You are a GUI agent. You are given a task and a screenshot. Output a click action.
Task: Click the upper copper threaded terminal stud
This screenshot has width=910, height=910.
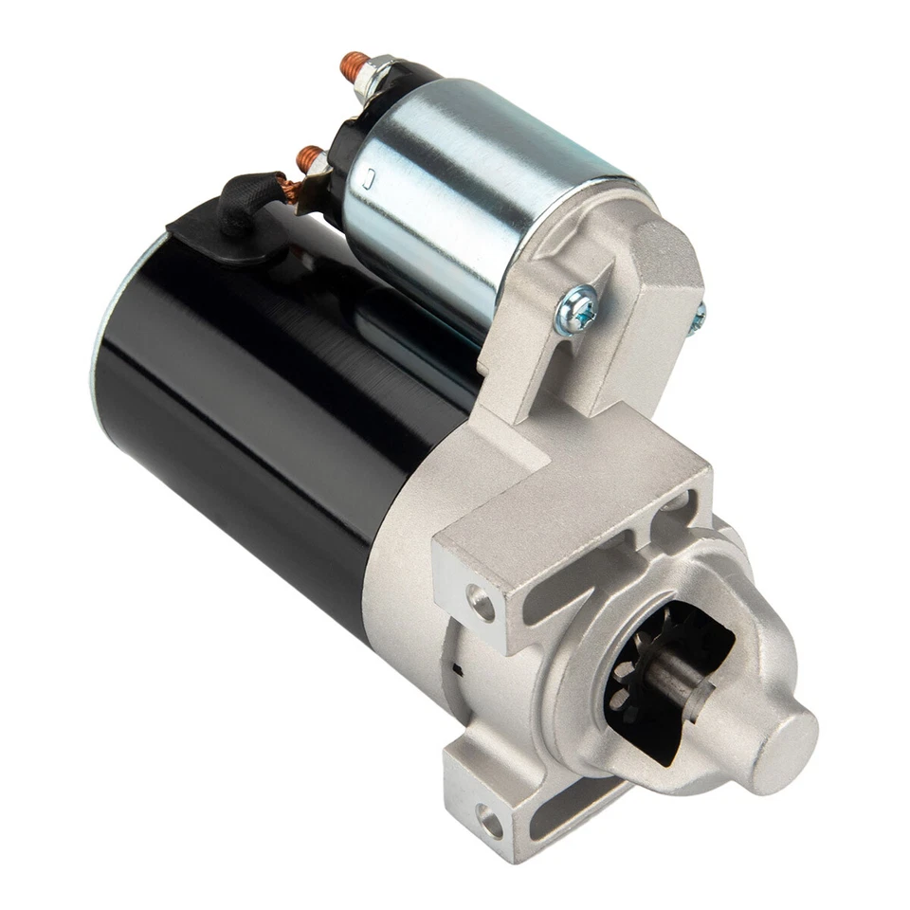(356, 65)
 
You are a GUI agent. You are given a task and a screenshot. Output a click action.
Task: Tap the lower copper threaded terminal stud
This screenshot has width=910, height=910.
(310, 158)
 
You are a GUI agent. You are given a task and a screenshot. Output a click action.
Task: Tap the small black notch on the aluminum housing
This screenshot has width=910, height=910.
(459, 668)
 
